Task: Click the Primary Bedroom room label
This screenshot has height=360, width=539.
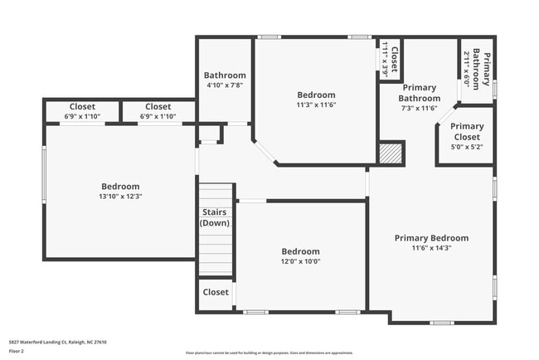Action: pos(430,238)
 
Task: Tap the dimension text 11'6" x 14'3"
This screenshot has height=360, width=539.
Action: pos(430,248)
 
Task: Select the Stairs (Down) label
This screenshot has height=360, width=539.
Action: pos(216,217)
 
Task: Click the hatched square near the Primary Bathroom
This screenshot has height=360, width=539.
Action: pos(391,153)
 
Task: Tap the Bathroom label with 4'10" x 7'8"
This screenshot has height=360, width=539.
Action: pos(226,75)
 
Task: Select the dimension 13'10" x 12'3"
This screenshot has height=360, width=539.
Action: pos(120,197)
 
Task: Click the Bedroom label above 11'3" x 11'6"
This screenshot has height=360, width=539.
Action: pos(316,95)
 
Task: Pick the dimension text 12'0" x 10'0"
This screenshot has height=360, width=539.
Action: pos(300,261)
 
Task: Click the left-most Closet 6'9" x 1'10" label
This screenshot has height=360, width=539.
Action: pos(82,106)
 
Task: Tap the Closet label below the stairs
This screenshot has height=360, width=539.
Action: pos(216,292)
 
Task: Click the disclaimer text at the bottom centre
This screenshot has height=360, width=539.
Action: pos(269,353)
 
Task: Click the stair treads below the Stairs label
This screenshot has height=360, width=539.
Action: pos(216,254)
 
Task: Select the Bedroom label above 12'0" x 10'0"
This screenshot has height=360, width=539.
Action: pos(300,251)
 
